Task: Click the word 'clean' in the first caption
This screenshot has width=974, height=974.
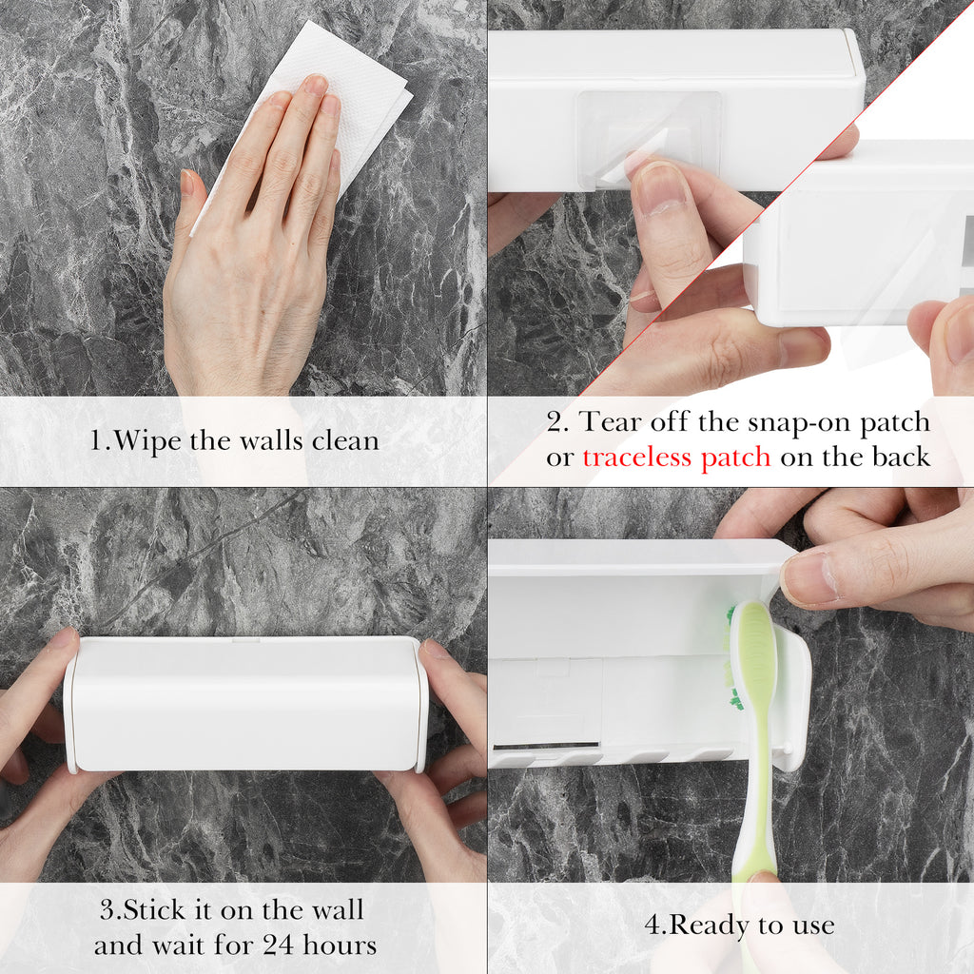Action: [x=345, y=440]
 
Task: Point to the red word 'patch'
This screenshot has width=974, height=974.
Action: [x=736, y=458]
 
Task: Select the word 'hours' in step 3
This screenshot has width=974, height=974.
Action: [x=340, y=945]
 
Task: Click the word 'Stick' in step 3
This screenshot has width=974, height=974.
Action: [x=155, y=910]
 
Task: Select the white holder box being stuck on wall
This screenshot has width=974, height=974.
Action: [x=246, y=704]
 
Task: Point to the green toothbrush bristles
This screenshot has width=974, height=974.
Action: [x=732, y=658]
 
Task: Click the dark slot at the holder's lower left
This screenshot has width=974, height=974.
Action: [x=547, y=744]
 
